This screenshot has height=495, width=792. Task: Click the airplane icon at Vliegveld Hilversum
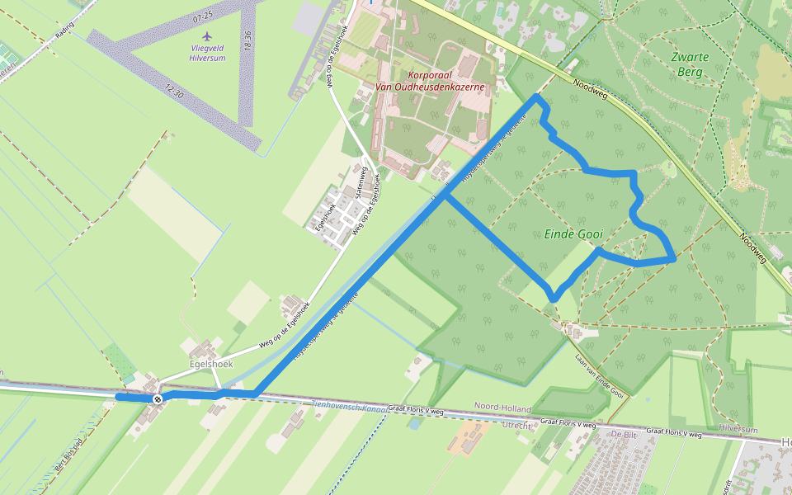pos(206,37)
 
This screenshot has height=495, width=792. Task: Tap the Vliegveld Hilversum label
pos(206,53)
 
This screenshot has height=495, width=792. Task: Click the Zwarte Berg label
pos(686,64)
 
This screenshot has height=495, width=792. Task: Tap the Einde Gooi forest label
pos(573,234)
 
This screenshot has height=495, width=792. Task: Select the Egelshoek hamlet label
pos(210,364)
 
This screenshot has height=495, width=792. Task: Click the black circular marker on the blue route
pos(157,398)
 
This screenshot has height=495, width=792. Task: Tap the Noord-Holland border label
pos(502,408)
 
